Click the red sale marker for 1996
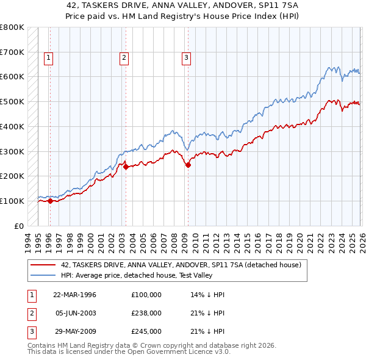point(50,201)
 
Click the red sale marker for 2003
point(126,166)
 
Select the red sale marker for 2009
point(188,164)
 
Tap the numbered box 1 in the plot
point(48,58)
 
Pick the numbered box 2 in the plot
point(124,58)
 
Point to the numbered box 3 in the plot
point(186,58)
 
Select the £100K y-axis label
point(12,201)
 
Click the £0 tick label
point(20,226)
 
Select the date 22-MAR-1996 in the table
point(74,295)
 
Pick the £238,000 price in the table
point(146,313)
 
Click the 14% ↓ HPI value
point(208,295)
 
